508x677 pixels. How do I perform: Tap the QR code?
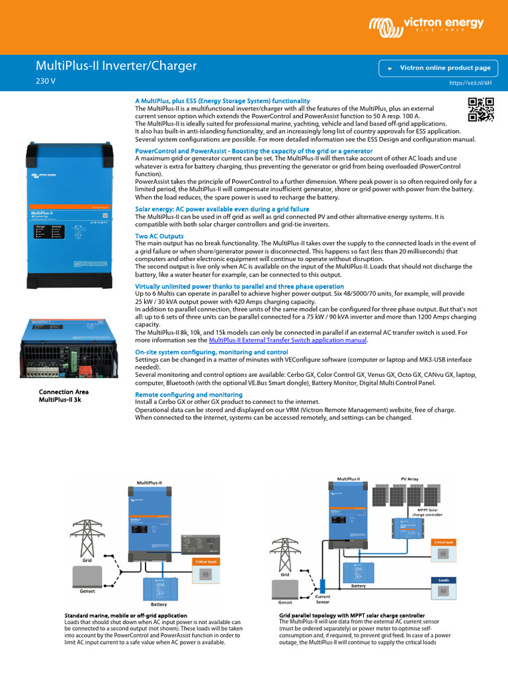pyautogui.click(x=480, y=110)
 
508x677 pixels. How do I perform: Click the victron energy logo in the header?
pyautogui.click(x=426, y=26)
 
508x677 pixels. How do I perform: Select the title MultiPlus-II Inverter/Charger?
pyautogui.click(x=116, y=66)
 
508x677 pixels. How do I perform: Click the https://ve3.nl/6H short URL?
pyautogui.click(x=471, y=85)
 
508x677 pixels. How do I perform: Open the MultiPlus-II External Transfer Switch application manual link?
pyautogui.click(x=287, y=340)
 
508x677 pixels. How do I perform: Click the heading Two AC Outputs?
pyautogui.click(x=159, y=236)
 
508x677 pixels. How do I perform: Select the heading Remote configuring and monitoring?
pyautogui.click(x=189, y=394)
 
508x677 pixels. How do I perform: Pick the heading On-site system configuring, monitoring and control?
pyautogui.click(x=211, y=352)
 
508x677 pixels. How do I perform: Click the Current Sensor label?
pyautogui.click(x=323, y=599)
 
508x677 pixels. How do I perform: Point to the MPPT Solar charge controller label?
pyautogui.click(x=431, y=511)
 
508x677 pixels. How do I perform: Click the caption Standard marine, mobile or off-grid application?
pyautogui.click(x=126, y=615)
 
